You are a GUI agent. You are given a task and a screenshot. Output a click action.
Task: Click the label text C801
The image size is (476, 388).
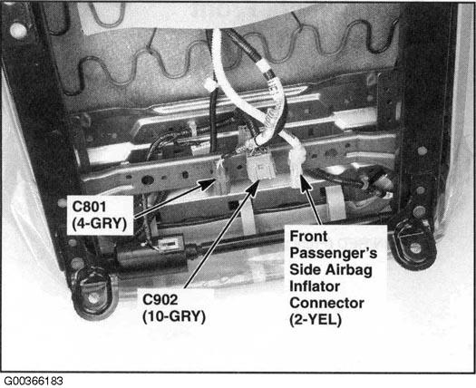[x=89, y=204]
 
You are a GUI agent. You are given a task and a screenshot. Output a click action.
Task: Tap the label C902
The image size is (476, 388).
[x=164, y=300]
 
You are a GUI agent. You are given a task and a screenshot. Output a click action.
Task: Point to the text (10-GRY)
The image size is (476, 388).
[x=173, y=315]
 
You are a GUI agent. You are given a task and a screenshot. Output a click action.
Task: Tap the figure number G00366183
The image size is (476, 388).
[x=34, y=380]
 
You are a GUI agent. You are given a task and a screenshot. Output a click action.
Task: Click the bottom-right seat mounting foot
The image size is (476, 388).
[x=415, y=242]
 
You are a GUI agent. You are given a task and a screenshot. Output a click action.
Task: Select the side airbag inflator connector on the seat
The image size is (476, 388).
[x=298, y=169]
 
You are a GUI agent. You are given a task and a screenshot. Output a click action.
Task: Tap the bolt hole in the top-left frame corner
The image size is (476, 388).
[x=17, y=30]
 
